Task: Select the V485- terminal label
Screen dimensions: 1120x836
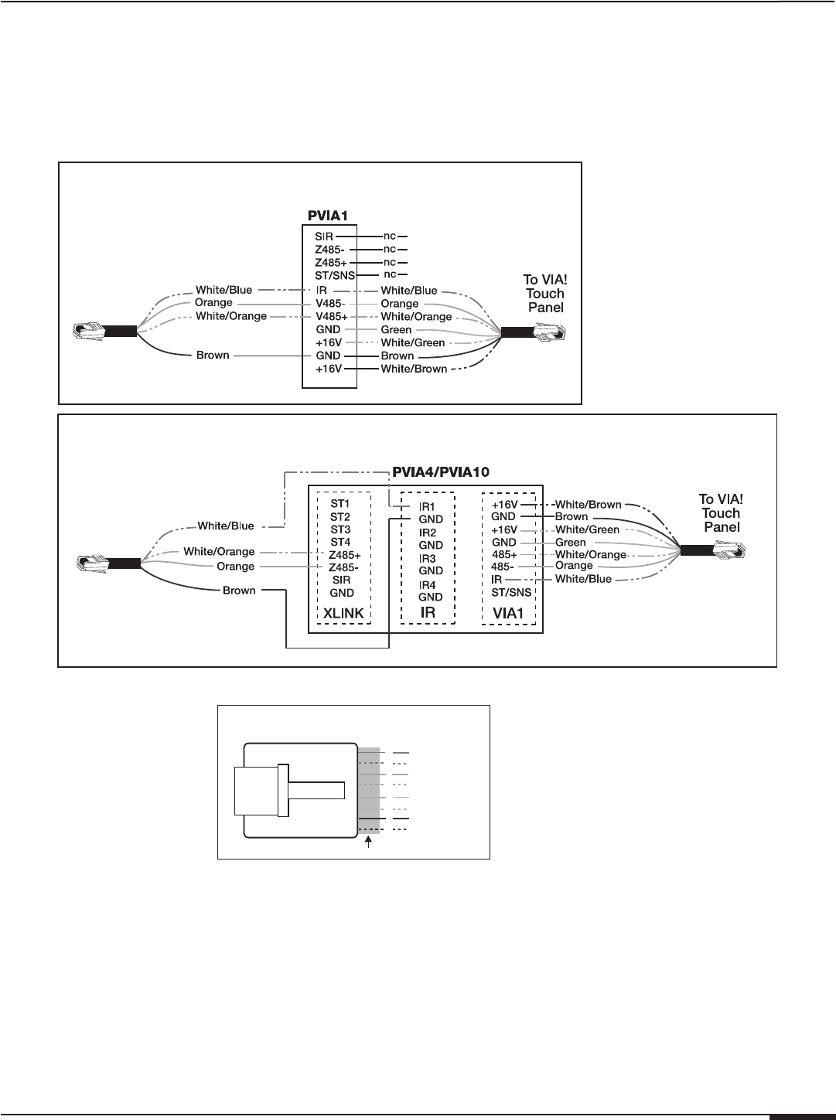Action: pos(329,304)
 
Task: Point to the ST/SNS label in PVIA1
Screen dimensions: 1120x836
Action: pos(335,275)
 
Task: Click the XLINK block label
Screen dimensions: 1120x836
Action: pos(342,613)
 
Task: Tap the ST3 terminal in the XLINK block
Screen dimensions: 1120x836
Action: pos(340,529)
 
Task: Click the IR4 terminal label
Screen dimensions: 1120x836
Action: pos(427,585)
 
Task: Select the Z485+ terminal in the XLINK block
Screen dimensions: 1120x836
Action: pos(345,555)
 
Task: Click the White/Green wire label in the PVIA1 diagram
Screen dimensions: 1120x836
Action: pos(413,343)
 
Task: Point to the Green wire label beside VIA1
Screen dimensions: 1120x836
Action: pos(571,543)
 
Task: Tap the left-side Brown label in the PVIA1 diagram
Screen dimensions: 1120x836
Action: pos(213,356)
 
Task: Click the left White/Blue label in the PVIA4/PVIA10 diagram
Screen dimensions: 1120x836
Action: pos(226,526)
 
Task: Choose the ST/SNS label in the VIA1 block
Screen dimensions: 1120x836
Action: pos(511,593)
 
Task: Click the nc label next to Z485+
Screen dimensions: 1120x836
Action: pos(390,262)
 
